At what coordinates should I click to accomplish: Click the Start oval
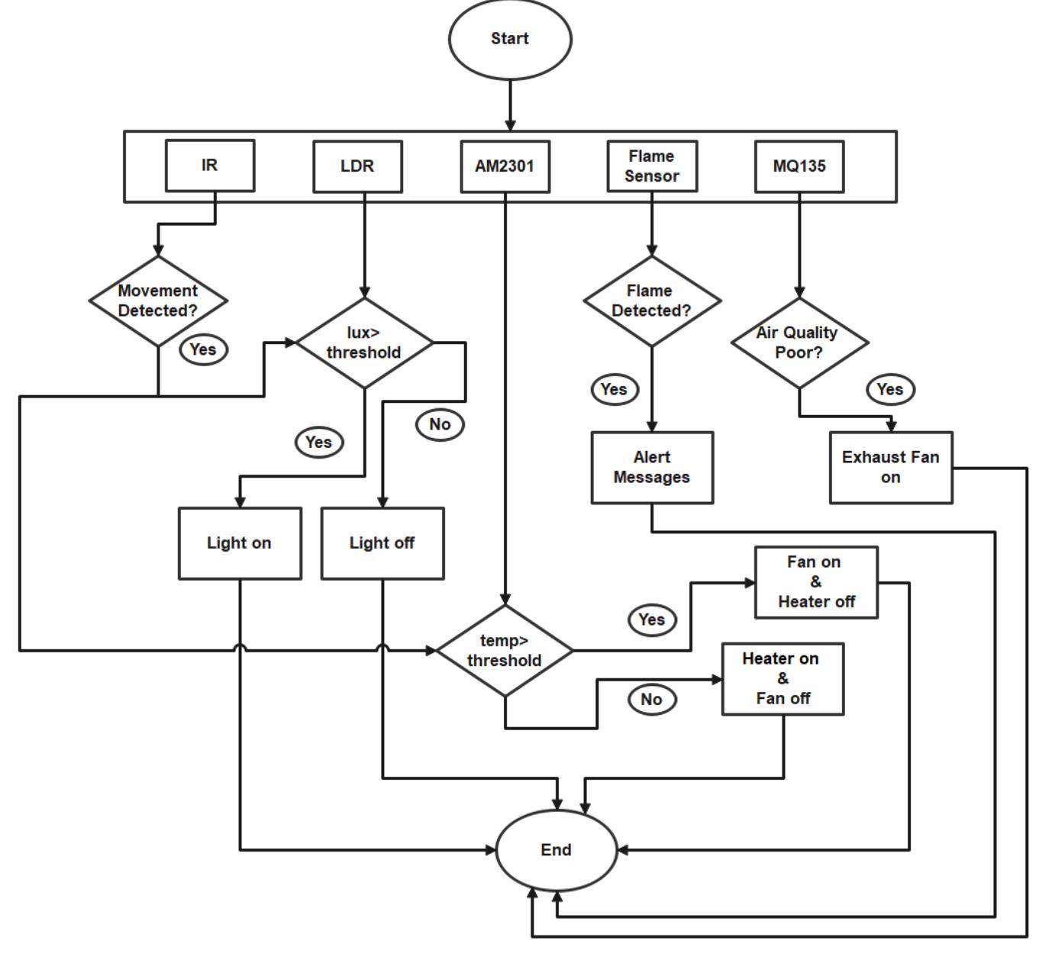tap(509, 39)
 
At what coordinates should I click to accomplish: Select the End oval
tap(556, 850)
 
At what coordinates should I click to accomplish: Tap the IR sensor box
tap(210, 166)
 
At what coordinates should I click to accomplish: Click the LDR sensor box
tap(357, 166)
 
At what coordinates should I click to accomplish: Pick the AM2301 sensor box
tap(505, 166)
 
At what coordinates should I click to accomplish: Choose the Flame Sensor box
tap(652, 166)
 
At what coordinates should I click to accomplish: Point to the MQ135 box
tap(799, 166)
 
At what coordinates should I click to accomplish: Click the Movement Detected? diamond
tap(158, 301)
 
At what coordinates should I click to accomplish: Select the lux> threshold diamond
tap(364, 343)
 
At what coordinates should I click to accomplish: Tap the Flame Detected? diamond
tap(652, 301)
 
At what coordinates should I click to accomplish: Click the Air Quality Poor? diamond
tap(799, 343)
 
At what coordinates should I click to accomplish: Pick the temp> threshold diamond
tap(505, 651)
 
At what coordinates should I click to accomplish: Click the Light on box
tap(240, 543)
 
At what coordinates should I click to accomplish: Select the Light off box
tap(382, 543)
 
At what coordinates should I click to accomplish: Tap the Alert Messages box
tap(652, 468)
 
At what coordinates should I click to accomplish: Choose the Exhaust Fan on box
tap(891, 468)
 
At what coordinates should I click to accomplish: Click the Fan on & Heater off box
tap(816, 582)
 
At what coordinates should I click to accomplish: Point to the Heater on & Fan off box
tap(783, 679)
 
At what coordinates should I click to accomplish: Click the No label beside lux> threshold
tap(440, 424)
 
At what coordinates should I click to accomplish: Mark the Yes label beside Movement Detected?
tap(203, 349)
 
